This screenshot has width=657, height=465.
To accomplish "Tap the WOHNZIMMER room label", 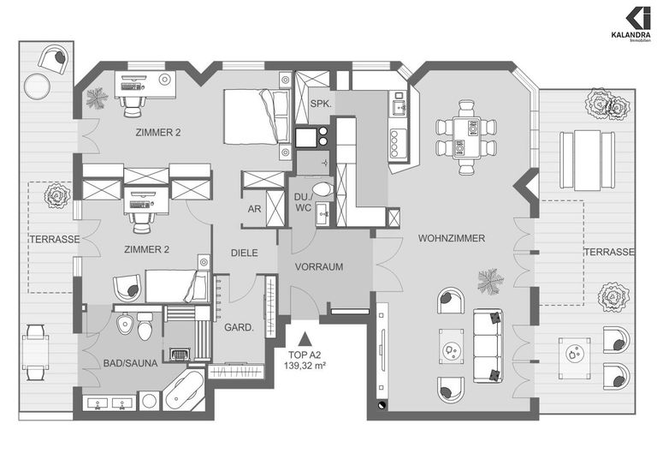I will (x=451, y=238).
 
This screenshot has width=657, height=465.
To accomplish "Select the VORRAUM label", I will (x=319, y=267).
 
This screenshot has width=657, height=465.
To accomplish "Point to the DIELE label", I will (x=245, y=253).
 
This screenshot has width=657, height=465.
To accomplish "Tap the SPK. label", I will (x=321, y=104).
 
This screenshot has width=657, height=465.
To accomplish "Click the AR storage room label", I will (x=253, y=208).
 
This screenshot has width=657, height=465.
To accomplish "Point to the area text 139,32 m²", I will (x=305, y=365).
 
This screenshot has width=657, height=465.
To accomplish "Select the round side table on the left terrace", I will (x=38, y=86).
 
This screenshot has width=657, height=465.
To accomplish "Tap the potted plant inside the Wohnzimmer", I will (x=490, y=280).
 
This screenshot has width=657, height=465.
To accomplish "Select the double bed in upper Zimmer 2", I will (x=256, y=117).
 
